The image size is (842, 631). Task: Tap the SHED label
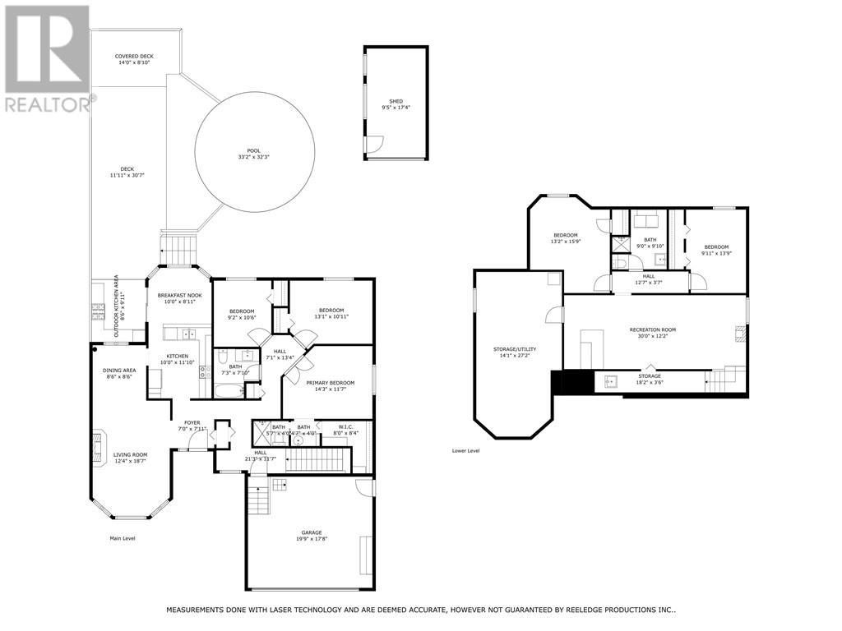pos(396,101)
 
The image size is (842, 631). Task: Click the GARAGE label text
pos(311,532)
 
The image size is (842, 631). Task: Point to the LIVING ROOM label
pos(130,454)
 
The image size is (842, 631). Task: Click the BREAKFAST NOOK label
pos(179,295)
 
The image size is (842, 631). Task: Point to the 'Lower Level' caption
pos(465,450)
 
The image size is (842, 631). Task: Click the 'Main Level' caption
pos(123,538)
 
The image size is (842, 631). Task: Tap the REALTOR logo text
pos(47,104)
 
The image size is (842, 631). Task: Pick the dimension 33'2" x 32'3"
pos(254,157)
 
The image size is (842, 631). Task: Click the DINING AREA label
pos(118,371)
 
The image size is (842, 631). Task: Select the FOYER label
pos(192,422)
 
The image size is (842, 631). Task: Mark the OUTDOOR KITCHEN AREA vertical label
pos(117,306)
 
